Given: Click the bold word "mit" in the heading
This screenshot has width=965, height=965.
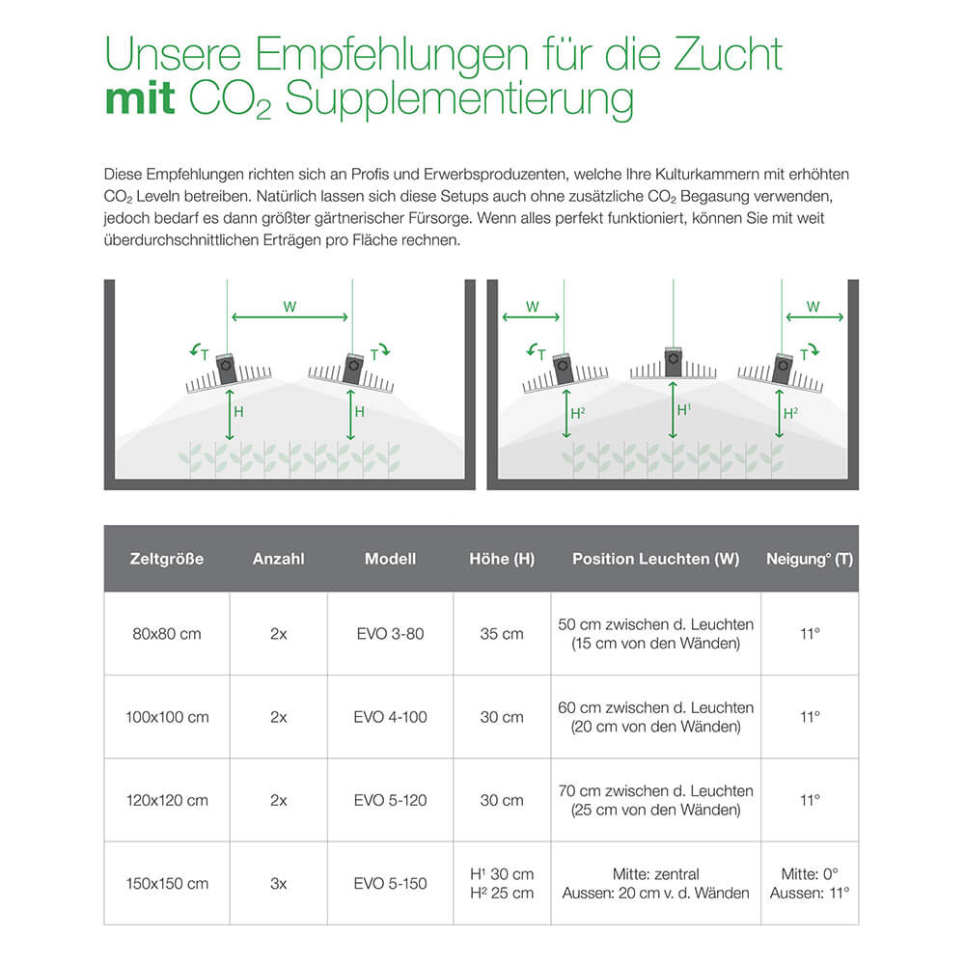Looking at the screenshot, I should [140, 99].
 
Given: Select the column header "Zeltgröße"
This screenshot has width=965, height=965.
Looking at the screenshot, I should [167, 559].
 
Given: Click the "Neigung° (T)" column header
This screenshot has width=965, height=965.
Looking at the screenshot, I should [809, 559].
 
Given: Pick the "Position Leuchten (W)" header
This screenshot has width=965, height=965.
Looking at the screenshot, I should [655, 559].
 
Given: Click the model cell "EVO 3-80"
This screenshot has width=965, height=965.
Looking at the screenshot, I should [389, 634].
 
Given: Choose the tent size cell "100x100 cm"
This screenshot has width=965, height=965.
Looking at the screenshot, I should [167, 717].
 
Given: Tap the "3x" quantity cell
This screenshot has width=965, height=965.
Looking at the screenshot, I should [278, 883].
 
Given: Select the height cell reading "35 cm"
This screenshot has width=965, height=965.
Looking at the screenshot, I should [502, 634].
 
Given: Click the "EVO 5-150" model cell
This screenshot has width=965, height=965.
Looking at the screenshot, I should [389, 883].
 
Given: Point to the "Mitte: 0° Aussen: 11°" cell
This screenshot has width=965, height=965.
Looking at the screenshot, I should [810, 883].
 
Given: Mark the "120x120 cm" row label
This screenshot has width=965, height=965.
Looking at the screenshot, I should [167, 800].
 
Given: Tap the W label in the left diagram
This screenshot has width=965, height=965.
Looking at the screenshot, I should [289, 307].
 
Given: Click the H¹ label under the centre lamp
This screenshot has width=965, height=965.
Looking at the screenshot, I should [683, 410].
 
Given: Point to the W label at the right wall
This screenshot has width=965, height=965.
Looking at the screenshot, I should [813, 307].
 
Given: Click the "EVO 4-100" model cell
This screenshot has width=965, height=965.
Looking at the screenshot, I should [389, 717].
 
